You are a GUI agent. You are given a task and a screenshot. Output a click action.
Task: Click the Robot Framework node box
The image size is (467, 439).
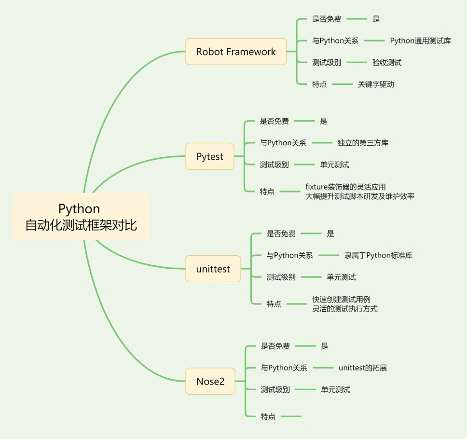click(x=236, y=52)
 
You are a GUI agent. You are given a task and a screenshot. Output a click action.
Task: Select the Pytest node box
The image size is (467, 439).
click(x=210, y=156)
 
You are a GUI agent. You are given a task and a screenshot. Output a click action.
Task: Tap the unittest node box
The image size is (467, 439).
click(x=213, y=269)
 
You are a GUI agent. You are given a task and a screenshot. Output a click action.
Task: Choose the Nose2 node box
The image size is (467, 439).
click(x=210, y=381)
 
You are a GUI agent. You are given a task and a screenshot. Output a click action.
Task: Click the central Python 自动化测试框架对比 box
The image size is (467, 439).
click(x=81, y=217)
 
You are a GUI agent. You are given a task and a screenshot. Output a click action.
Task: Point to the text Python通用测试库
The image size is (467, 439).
click(x=420, y=41)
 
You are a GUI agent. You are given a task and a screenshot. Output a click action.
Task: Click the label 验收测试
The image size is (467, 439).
click(x=386, y=63)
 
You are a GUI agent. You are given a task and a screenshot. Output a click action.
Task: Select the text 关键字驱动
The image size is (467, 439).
click(x=376, y=84)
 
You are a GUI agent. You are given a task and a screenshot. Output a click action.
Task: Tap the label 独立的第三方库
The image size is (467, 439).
click(x=363, y=143)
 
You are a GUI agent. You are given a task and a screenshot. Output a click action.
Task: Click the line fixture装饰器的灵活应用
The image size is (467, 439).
click(x=345, y=187)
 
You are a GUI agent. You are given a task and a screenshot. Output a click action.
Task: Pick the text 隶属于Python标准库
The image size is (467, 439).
click(x=378, y=255)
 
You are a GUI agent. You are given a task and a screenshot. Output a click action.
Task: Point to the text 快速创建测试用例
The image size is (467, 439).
click(x=341, y=299)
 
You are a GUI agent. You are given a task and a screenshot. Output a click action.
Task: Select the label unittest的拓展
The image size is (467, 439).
click(x=362, y=368)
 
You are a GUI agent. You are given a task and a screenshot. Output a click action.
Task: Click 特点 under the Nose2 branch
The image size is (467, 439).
click(x=268, y=416)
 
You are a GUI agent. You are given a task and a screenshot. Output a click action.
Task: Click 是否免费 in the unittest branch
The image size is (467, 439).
click(x=281, y=233)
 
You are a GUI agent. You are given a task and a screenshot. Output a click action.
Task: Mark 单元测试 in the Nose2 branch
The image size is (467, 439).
click(x=335, y=389)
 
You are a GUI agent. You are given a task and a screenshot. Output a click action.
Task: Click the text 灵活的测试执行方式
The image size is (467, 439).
click(x=344, y=309)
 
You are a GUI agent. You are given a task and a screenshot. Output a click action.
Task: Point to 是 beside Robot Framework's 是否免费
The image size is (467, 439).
click(x=376, y=19)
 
